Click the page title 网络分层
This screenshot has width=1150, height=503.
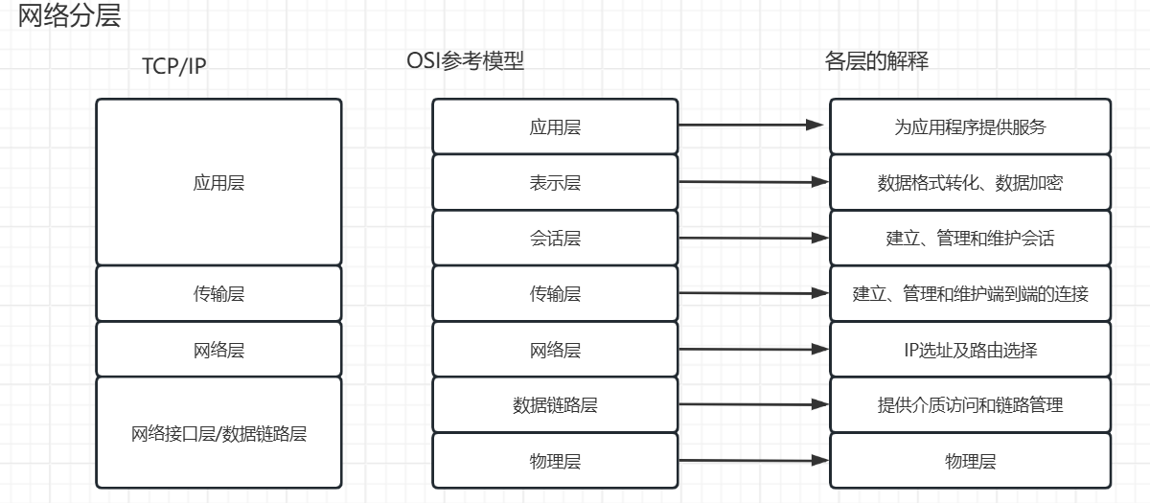[70, 16]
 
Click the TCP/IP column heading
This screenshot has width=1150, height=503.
[174, 66]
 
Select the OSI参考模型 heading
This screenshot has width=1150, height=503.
[466, 61]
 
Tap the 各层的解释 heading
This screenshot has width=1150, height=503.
[876, 61]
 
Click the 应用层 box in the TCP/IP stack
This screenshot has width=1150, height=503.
[218, 182]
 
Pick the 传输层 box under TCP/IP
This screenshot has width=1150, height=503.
[218, 293]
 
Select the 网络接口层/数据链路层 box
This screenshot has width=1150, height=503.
[218, 432]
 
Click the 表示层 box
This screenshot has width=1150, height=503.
[555, 182]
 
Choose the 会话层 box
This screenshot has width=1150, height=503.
[555, 238]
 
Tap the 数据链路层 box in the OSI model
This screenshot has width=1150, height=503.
[555, 405]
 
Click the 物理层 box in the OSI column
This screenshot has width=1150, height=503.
[555, 461]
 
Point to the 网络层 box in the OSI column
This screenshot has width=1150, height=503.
[555, 350]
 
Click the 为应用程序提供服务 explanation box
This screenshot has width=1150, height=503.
[970, 126]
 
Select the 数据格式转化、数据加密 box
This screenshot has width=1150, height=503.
[970, 182]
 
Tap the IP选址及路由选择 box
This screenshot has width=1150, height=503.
[970, 350]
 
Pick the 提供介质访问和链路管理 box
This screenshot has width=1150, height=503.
[970, 405]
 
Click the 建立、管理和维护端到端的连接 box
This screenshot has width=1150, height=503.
[970, 293]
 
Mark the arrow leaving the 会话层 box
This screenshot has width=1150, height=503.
[752, 237]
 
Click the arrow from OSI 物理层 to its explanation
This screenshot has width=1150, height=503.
[752, 461]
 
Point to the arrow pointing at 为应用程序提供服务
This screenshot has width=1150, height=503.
[752, 126]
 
